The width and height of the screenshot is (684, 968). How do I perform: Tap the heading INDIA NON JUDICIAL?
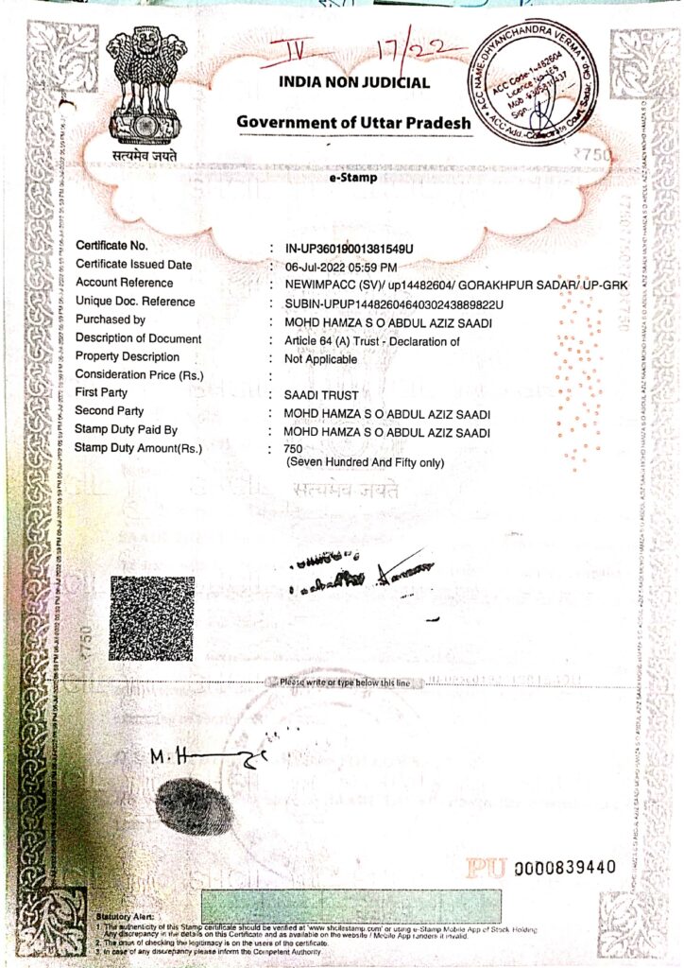click(354, 82)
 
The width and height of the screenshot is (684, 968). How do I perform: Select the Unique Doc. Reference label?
click(135, 302)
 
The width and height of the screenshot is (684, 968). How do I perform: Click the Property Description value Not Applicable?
click(321, 359)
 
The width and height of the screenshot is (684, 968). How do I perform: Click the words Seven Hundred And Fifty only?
click(365, 461)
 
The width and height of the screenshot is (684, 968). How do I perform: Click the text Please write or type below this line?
click(345, 682)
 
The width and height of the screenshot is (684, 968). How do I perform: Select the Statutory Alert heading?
click(126, 916)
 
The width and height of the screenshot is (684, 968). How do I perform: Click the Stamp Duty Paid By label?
click(129, 430)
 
